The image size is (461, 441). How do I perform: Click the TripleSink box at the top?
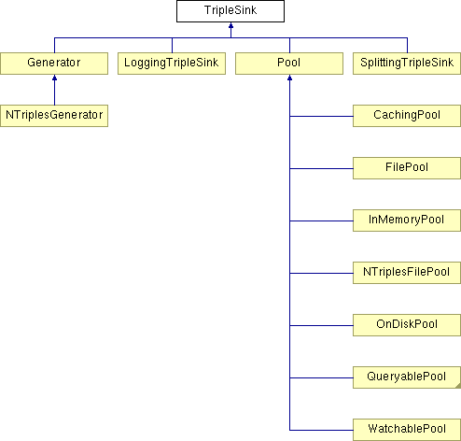click(x=230, y=11)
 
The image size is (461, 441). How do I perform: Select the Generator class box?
click(x=54, y=64)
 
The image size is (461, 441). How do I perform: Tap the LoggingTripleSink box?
click(x=172, y=64)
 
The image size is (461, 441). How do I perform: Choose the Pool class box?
click(x=289, y=64)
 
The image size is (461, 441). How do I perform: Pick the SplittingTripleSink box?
click(x=407, y=64)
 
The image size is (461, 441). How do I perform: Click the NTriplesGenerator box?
click(x=54, y=116)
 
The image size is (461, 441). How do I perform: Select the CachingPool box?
click(x=407, y=116)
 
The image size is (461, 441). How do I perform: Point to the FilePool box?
click(x=407, y=168)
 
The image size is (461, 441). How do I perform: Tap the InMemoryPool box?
click(x=407, y=220)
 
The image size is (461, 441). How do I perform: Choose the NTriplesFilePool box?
click(x=407, y=273)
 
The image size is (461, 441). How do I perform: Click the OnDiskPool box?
click(x=407, y=325)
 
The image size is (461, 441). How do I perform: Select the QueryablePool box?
click(x=407, y=377)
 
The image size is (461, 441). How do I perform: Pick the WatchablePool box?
click(x=407, y=430)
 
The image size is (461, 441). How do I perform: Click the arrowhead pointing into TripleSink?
click(x=230, y=25)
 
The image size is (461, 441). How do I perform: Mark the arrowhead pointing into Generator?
click(x=54, y=78)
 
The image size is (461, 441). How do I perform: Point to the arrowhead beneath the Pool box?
click(x=289, y=78)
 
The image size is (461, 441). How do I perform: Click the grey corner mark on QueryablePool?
click(x=458, y=386)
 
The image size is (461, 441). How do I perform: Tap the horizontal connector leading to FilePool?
click(x=321, y=168)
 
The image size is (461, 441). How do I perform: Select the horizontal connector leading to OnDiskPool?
click(x=321, y=325)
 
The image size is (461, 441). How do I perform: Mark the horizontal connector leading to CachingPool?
click(x=321, y=116)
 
